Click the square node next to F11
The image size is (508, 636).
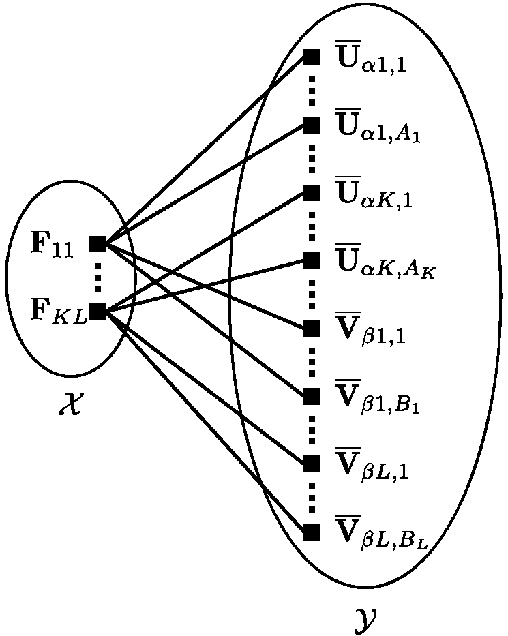pos(98,244)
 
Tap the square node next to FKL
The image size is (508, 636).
pos(98,312)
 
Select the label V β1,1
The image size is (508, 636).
pos(372,331)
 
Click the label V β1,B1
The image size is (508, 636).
pos(378,399)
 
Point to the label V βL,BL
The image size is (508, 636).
pos(383,534)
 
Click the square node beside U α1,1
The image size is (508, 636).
pos(312,57)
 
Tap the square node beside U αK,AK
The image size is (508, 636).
pos(312,260)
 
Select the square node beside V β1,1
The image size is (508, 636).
pos(312,328)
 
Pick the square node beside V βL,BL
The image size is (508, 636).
pos(312,532)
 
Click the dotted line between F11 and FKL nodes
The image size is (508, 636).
pos(98,278)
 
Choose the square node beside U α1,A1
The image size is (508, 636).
pos(312,125)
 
